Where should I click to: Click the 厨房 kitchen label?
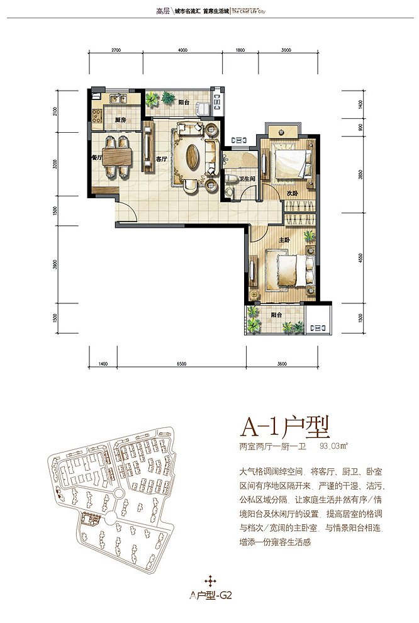coord(121,120)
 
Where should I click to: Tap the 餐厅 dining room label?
coord(96,159)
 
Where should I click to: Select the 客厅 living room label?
coord(160,159)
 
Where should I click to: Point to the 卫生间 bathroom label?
coord(247,179)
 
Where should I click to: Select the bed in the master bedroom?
coord(290,270)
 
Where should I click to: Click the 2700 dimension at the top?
coord(116,50)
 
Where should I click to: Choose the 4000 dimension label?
coord(183,50)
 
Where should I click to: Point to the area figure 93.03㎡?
coord(334,446)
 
